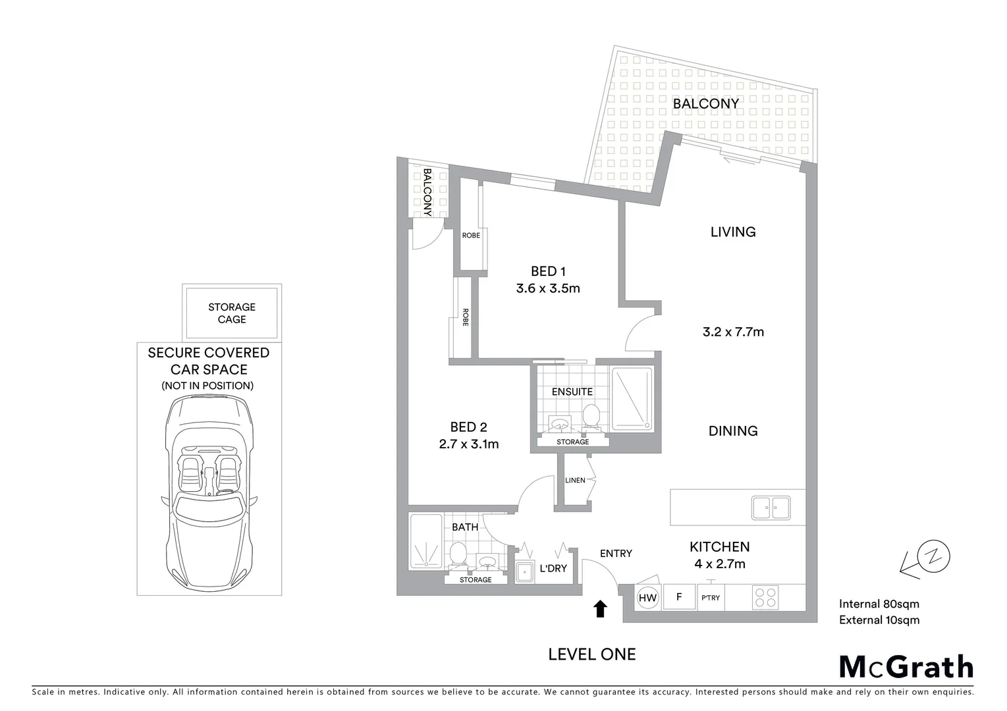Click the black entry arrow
(600, 609)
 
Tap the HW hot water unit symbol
(648, 598)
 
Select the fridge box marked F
(679, 597)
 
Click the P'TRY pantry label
(711, 598)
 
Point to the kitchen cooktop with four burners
(765, 598)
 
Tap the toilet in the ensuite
(591, 417)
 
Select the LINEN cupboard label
(575, 481)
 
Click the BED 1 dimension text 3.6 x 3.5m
(548, 288)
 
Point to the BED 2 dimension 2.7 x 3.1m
(468, 444)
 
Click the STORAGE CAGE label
(232, 313)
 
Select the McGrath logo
(906, 667)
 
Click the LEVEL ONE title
(592, 654)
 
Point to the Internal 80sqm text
(879, 604)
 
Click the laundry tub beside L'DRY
(524, 573)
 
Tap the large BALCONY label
(706, 104)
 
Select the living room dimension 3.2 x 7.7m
(733, 332)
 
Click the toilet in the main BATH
(458, 554)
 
